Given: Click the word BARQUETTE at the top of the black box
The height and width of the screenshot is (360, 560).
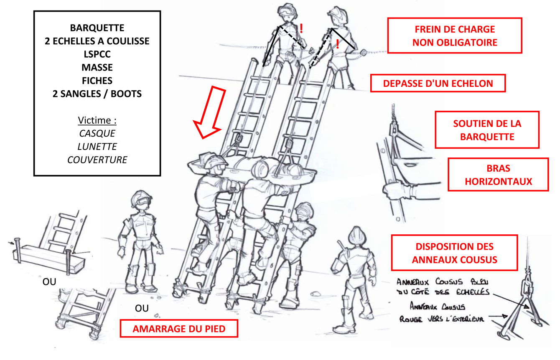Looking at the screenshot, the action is (x=97, y=28).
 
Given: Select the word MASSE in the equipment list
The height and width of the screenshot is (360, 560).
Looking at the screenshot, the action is (x=97, y=68).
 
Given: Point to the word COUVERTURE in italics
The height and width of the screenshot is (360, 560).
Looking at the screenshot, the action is (x=97, y=160).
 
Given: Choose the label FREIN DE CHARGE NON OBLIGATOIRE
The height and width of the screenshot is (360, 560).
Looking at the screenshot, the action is (x=455, y=35).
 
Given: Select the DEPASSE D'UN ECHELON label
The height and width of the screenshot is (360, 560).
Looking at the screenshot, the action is (x=438, y=83).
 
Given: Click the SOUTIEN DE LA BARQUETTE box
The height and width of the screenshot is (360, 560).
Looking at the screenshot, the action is (x=487, y=130).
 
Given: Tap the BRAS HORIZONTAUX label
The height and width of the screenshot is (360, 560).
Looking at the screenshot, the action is (x=498, y=175).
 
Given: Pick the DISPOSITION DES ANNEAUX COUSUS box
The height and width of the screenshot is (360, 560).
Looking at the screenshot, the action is (x=455, y=253).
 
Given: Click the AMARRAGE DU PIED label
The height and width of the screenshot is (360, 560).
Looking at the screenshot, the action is (x=179, y=329).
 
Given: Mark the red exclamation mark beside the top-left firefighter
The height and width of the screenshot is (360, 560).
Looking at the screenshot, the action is (x=301, y=28).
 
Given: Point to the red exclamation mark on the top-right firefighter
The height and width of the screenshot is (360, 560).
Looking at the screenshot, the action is (x=338, y=44).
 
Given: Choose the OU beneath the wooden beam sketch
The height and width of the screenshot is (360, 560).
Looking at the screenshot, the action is (x=49, y=282).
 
